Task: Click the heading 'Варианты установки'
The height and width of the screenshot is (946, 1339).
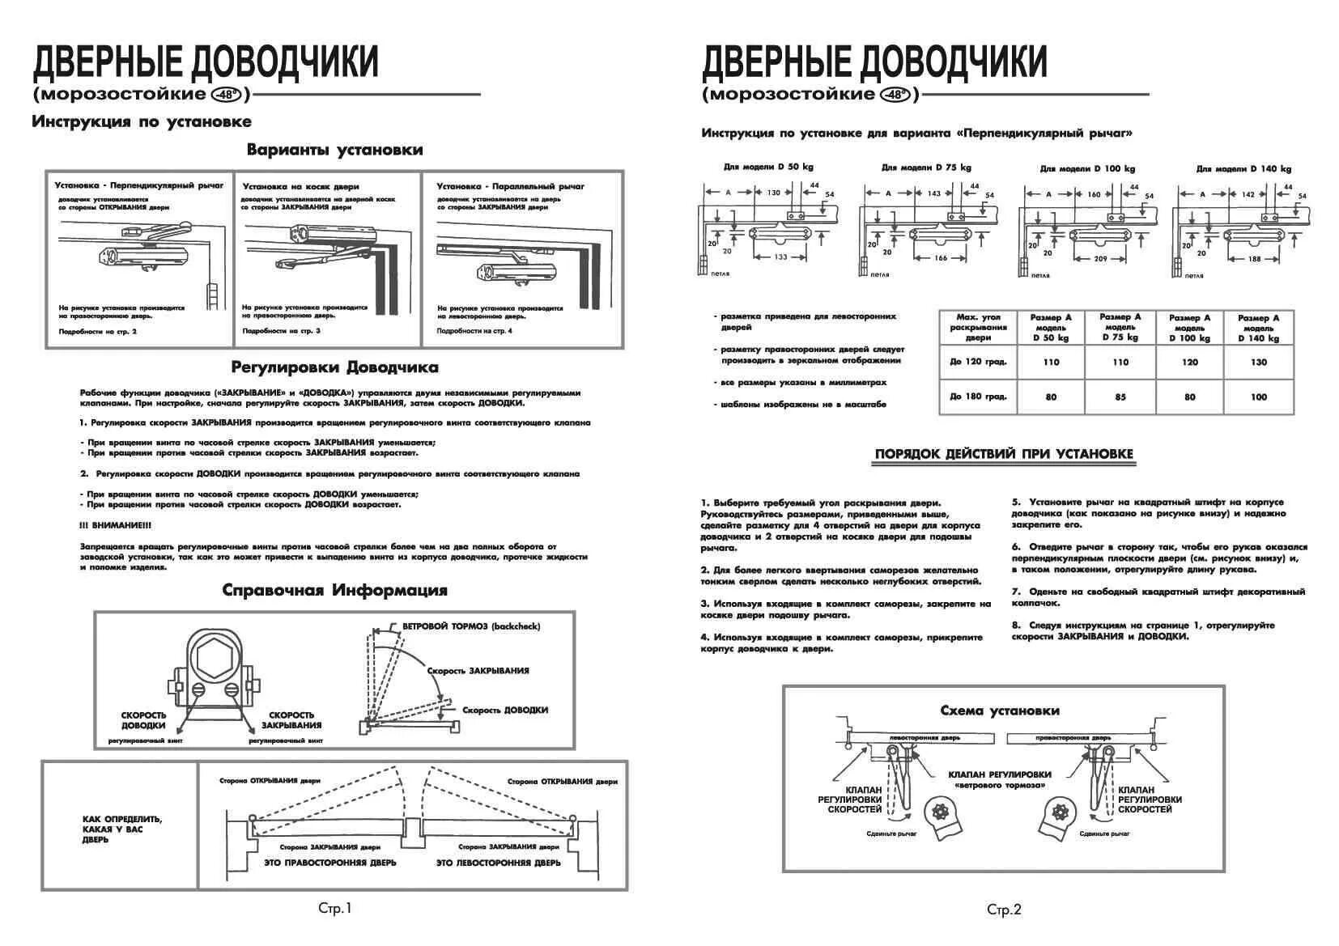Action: tap(334, 150)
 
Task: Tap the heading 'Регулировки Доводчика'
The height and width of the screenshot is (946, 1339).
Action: tap(334, 367)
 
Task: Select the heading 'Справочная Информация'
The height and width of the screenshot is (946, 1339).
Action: tap(334, 590)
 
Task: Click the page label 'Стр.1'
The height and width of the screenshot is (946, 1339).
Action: tap(334, 908)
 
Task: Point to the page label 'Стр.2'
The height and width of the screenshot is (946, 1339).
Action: tap(1004, 910)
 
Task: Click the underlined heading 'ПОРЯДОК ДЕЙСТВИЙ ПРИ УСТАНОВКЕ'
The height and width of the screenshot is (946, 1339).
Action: tap(1004, 454)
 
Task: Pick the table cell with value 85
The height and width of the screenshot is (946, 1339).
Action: tap(1120, 397)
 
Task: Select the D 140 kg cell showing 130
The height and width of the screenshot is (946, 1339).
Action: tap(1258, 362)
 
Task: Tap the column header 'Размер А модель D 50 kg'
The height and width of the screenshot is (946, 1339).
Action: tap(1051, 328)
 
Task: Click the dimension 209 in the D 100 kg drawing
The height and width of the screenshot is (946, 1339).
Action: tap(1100, 258)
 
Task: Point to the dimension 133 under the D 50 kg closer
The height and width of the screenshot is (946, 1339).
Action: tap(780, 257)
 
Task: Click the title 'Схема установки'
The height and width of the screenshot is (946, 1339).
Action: tap(1000, 711)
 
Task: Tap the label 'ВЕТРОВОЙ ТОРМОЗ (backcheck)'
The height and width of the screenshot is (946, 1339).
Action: tap(470, 626)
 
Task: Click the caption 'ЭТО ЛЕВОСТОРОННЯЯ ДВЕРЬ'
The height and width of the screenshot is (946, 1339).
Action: tap(498, 863)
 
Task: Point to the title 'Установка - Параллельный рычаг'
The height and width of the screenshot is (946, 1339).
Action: tap(510, 186)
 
